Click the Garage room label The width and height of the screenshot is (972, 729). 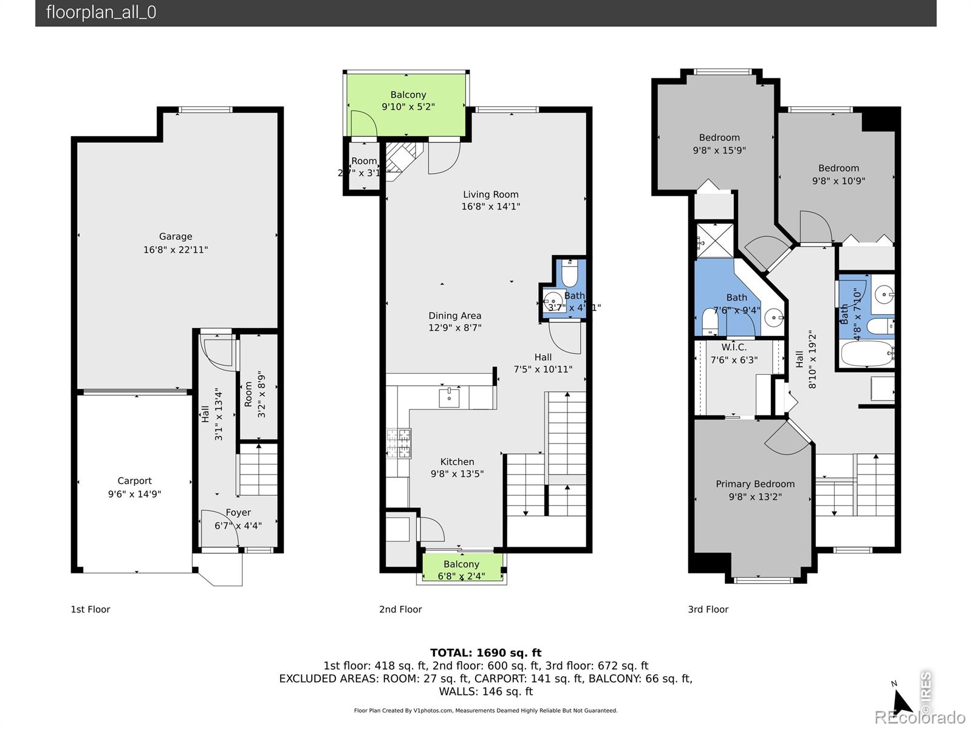click(176, 236)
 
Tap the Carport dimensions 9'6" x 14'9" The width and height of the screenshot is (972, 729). click(134, 494)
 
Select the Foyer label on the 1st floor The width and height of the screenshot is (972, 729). click(238, 512)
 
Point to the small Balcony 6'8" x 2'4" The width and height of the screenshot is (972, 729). click(461, 570)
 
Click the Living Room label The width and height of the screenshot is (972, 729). click(490, 194)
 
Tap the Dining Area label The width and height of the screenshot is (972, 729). click(454, 315)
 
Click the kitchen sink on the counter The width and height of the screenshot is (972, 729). click(449, 398)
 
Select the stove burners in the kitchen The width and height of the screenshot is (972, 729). click(399, 443)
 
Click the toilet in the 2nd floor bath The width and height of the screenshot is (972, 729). click(570, 275)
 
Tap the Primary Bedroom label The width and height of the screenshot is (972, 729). click(755, 484)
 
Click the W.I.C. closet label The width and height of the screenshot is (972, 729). click(734, 347)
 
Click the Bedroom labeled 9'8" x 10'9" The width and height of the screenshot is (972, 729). click(838, 174)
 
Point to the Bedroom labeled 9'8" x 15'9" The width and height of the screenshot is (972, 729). click(719, 144)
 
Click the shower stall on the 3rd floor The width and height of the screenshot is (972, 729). click(714, 241)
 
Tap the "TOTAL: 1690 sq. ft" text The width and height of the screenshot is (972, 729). click(485, 653)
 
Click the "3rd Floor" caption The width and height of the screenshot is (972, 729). click(708, 609)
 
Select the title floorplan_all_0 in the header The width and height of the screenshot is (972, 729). click(101, 13)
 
